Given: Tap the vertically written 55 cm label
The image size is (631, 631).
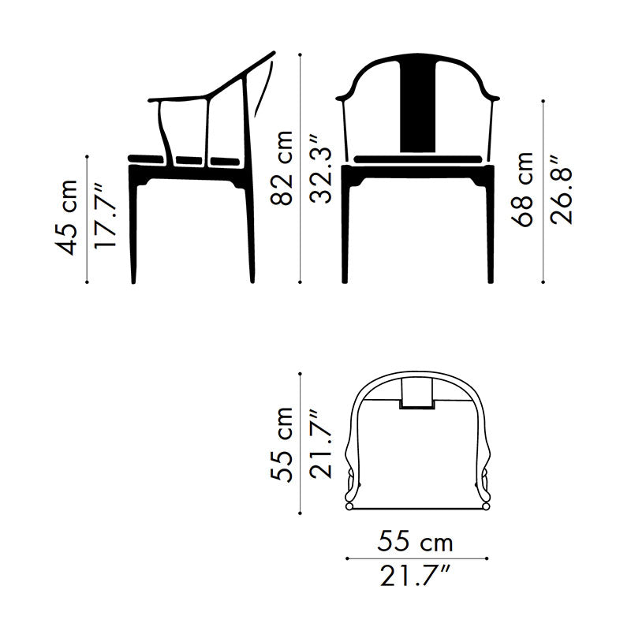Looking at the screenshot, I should click(x=282, y=443).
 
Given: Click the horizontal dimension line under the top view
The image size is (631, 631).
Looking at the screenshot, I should click(x=417, y=558).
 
